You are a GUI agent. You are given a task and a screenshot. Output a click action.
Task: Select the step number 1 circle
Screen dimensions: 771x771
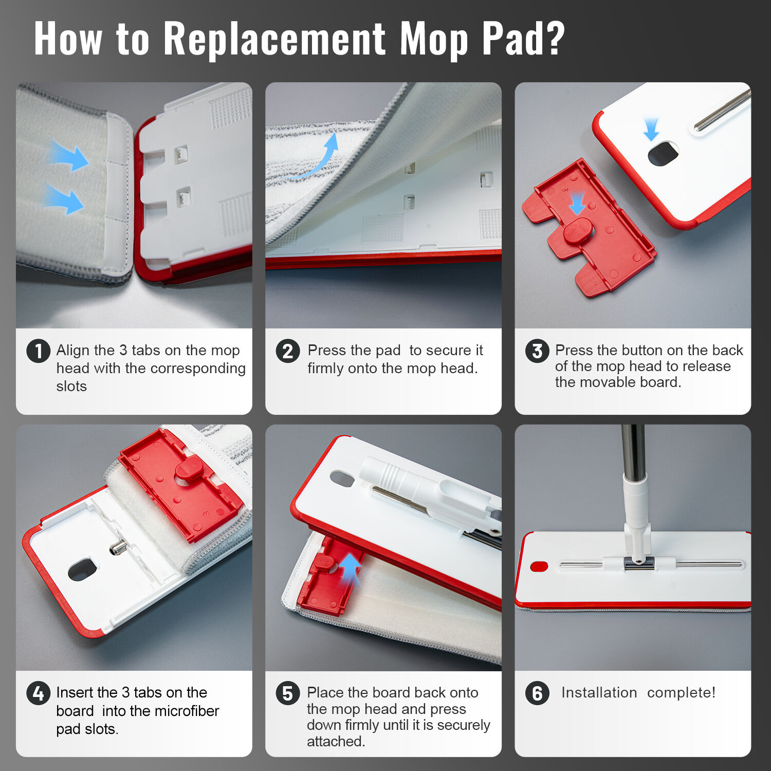coord(38,351)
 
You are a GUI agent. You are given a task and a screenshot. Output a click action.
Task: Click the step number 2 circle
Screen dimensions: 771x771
coord(287,351)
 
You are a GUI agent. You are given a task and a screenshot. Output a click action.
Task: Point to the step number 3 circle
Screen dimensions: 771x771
coord(537,351)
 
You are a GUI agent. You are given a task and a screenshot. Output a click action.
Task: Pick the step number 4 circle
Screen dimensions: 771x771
coord(38,693)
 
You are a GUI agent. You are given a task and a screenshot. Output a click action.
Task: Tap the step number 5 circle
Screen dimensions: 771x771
coord(287,693)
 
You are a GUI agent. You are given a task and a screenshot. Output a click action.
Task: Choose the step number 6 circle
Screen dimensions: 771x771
coord(537,693)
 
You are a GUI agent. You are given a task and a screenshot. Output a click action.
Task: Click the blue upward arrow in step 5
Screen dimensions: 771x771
coord(350,568)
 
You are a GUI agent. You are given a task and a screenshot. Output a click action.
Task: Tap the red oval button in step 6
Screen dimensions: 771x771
coord(539,566)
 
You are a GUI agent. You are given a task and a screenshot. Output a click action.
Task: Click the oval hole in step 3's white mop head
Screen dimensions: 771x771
coord(663,154)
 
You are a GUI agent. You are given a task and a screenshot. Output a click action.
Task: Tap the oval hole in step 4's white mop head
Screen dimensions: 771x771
coord(82,570)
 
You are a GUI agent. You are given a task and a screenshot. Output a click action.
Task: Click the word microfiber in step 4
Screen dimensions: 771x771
coord(187,711)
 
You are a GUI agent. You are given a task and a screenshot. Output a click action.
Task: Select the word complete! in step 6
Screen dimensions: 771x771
coord(681,693)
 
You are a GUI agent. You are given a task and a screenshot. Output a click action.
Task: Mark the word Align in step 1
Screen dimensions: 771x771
coord(73,351)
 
